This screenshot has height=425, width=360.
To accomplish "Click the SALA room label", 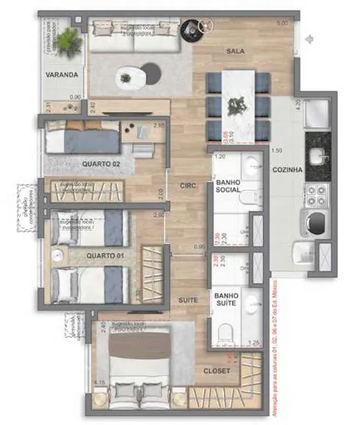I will point(235,51).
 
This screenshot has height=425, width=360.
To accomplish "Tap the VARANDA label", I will point(62,75).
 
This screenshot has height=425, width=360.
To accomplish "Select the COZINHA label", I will point(287,170).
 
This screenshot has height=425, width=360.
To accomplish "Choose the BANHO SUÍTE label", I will point(227,299).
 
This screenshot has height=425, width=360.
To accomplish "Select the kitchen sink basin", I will point(316,156).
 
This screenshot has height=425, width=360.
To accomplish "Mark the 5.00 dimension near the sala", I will point(282,23).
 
